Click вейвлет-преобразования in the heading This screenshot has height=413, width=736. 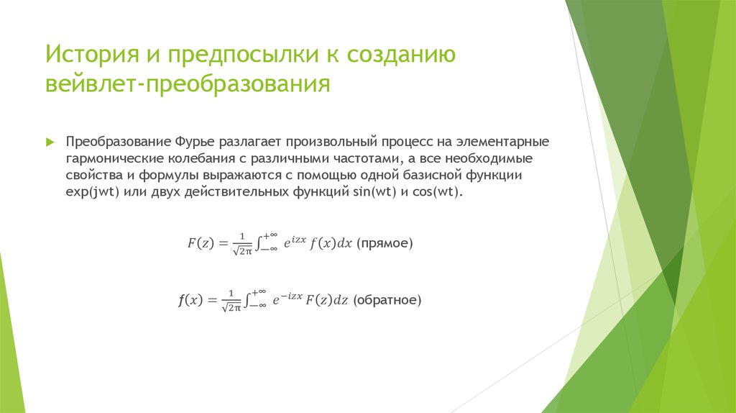pos(188,84)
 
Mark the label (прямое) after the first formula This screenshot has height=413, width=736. pos(386,243)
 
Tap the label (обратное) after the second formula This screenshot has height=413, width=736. pos(387,300)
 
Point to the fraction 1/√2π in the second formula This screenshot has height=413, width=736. pos(231,301)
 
